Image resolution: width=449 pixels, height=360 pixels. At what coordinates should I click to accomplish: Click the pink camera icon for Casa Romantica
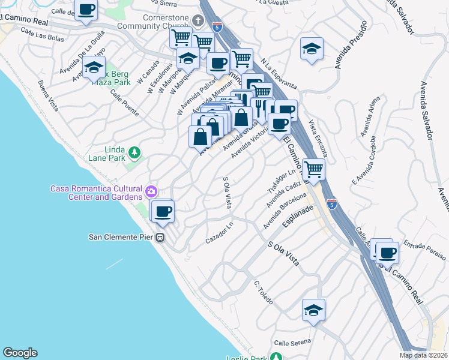(x=151, y=191)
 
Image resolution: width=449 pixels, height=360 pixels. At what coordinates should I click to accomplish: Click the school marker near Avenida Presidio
(x=312, y=49)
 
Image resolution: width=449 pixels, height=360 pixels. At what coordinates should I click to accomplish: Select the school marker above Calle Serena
(x=313, y=310)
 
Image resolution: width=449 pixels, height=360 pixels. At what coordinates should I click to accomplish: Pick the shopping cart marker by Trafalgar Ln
(x=314, y=170)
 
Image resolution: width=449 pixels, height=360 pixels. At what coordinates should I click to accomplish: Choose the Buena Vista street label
(x=48, y=96)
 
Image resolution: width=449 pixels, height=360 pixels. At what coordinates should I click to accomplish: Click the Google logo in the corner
(x=20, y=352)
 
